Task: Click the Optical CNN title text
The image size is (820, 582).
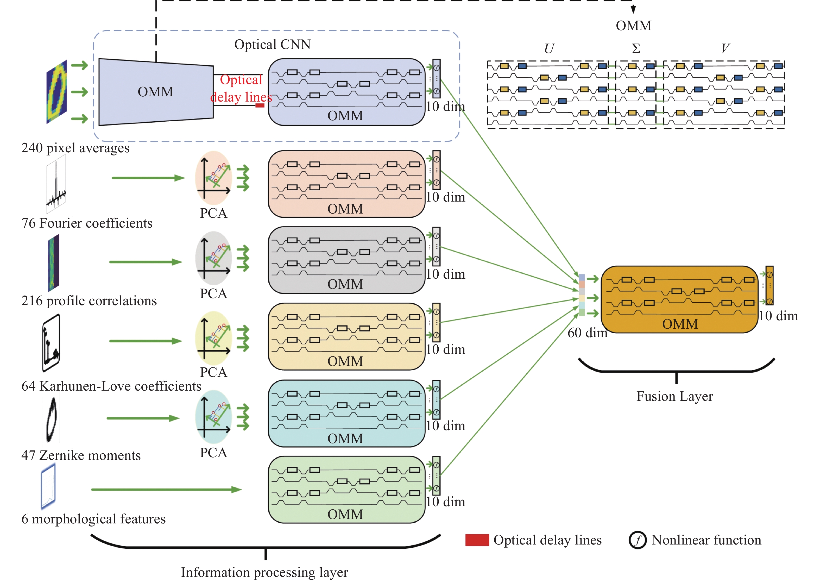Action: (x=272, y=45)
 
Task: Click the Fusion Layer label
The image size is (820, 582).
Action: (x=674, y=396)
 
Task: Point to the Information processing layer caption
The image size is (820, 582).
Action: (x=264, y=572)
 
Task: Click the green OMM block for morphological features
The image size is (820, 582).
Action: (x=346, y=489)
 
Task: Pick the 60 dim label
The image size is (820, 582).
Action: (x=587, y=333)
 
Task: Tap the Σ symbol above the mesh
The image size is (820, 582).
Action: (x=636, y=48)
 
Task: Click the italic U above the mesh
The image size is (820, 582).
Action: (x=549, y=48)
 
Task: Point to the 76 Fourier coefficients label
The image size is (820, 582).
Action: (x=87, y=223)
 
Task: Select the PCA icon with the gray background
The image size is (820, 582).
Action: (x=213, y=258)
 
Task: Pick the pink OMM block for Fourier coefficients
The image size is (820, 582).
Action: (x=346, y=184)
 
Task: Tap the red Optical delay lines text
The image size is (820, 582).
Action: (x=241, y=88)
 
